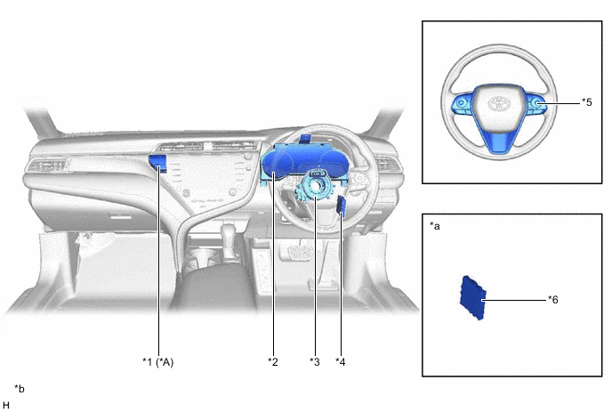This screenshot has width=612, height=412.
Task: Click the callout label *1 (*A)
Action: (157, 362)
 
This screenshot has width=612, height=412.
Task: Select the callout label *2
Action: (273, 362)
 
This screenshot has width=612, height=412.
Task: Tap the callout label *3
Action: (315, 362)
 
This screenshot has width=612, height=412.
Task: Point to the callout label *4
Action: (341, 362)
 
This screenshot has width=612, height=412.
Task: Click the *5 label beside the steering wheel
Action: (586, 102)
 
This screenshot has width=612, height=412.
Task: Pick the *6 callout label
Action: (552, 300)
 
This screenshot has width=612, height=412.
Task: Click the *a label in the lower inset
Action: (434, 226)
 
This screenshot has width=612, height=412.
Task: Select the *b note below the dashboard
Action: (20, 389)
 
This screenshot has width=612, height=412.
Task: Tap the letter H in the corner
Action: (6, 406)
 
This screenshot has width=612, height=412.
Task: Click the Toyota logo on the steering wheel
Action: (499, 103)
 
